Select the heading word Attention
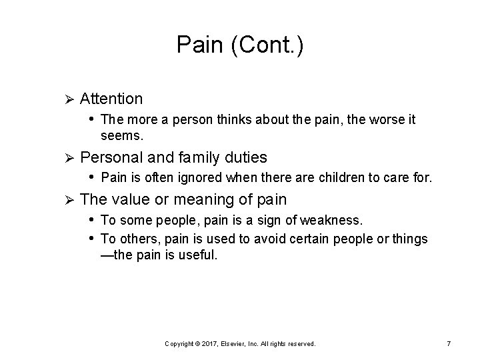point(111,99)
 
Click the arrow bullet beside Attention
point(65,99)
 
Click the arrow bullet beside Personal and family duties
point(65,159)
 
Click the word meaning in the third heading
point(217,199)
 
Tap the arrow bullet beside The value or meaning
point(65,200)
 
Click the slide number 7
point(449,343)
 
